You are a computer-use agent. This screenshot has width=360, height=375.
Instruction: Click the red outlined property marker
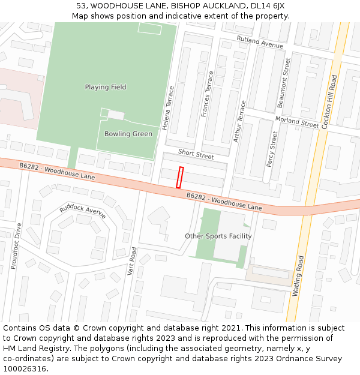179,178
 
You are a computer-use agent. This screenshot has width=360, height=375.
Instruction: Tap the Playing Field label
106,87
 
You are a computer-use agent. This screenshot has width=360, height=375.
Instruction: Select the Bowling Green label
128,134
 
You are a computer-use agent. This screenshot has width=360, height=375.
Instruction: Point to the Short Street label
196,155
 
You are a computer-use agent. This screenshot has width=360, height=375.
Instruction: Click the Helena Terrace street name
170,108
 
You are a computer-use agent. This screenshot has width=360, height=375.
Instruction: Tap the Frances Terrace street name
207,94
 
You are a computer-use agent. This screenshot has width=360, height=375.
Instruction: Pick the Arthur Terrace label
239,121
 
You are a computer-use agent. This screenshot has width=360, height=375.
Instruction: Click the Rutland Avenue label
260,42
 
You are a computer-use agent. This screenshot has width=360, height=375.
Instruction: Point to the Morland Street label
297,122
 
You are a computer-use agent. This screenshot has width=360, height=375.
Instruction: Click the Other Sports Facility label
218,236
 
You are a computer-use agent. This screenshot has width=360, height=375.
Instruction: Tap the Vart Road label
131,261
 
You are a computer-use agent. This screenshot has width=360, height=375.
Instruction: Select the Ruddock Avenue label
82,211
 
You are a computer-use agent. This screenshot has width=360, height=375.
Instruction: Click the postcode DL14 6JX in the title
265,6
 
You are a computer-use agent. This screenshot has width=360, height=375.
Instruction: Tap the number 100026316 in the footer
24,368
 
